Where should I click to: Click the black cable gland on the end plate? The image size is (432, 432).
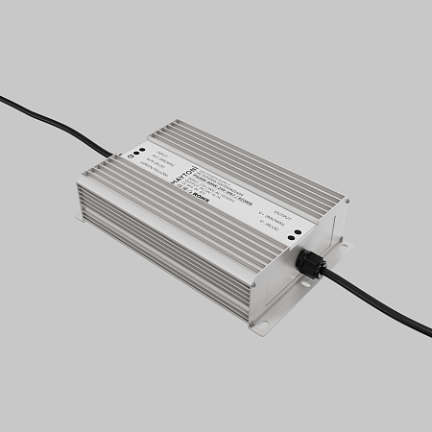[x=310, y=263]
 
